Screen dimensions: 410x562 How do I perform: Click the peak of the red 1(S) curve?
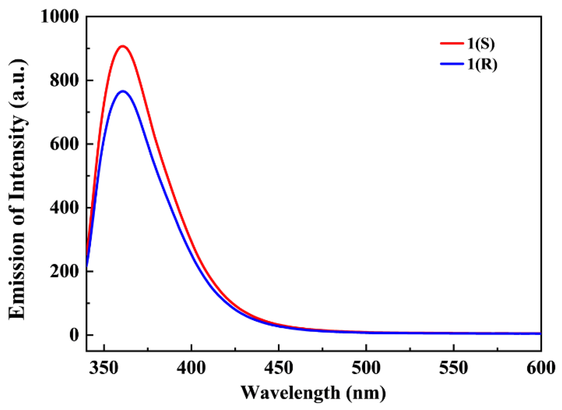pos(123,46)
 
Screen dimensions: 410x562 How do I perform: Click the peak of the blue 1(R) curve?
pos(123,91)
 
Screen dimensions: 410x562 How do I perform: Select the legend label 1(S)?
pos(481,44)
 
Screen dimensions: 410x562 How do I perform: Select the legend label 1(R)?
pos(482,64)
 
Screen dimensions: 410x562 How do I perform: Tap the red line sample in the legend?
pos(452,43)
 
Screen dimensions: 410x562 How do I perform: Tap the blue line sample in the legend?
pos(452,64)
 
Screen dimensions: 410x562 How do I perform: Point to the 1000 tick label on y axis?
pos(59,16)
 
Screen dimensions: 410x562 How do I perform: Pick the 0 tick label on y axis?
pos(74,335)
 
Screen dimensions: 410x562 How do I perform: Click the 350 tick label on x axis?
pos(104,368)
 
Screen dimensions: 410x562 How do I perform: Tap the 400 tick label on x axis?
pos(191,368)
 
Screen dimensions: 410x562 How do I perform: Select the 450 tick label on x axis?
pos(279,368)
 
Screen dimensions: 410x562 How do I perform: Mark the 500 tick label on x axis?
pos(366,368)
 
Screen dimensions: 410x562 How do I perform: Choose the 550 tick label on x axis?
pos(453,368)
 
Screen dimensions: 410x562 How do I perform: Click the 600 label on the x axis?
pos(540,368)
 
